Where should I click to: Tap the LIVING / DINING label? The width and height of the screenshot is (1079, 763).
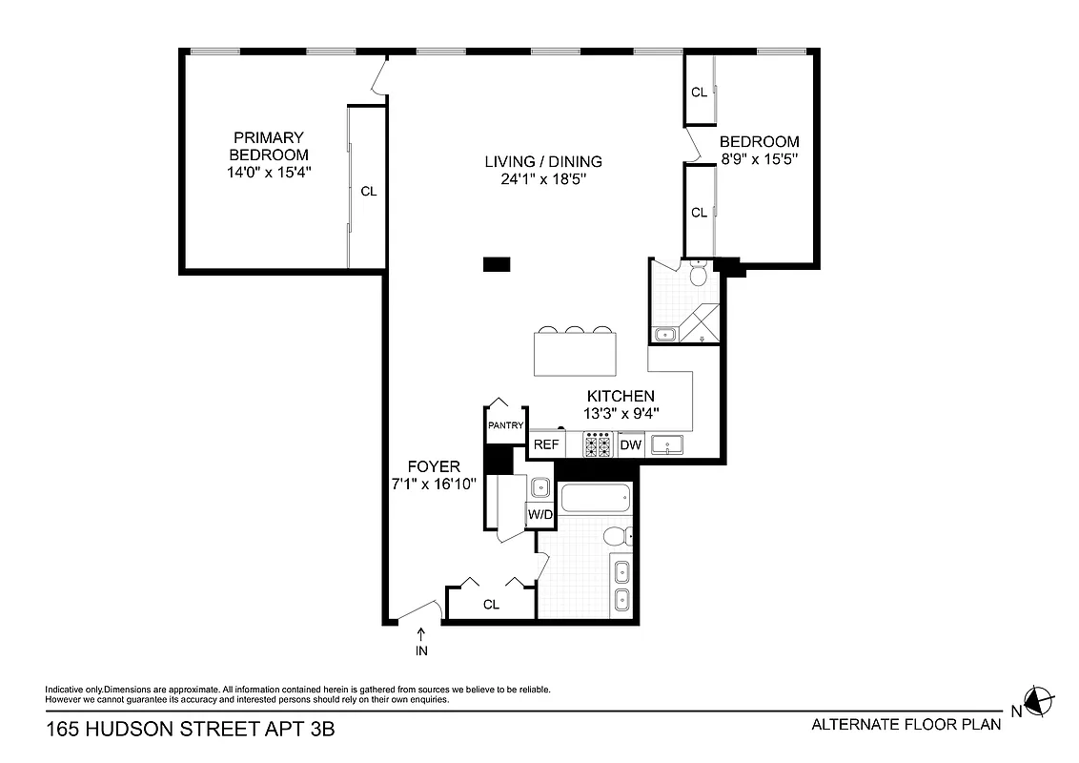coord(543,161)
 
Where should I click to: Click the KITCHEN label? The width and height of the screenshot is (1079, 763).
coord(620,396)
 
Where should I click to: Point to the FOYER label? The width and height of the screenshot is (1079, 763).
coord(434,467)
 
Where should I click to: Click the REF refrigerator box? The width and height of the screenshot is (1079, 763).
coord(546,444)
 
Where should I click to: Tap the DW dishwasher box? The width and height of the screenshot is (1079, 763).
coord(630,444)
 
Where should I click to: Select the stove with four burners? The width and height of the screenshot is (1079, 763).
coord(598,443)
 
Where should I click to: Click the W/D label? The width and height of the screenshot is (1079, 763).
coord(539,515)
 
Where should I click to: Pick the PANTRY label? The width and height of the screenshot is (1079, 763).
coord(505,425)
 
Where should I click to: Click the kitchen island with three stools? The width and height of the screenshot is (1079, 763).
coord(575,353)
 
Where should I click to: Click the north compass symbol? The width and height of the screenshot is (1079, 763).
coord(1038,701)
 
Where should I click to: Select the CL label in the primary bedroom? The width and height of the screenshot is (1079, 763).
coord(368,191)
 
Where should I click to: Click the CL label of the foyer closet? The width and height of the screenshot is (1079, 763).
coord(491,604)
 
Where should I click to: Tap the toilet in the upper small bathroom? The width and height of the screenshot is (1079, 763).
coord(698,275)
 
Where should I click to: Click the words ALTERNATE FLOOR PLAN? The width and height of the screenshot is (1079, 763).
coord(906,724)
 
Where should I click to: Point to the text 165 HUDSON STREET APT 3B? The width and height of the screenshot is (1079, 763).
coord(191,730)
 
